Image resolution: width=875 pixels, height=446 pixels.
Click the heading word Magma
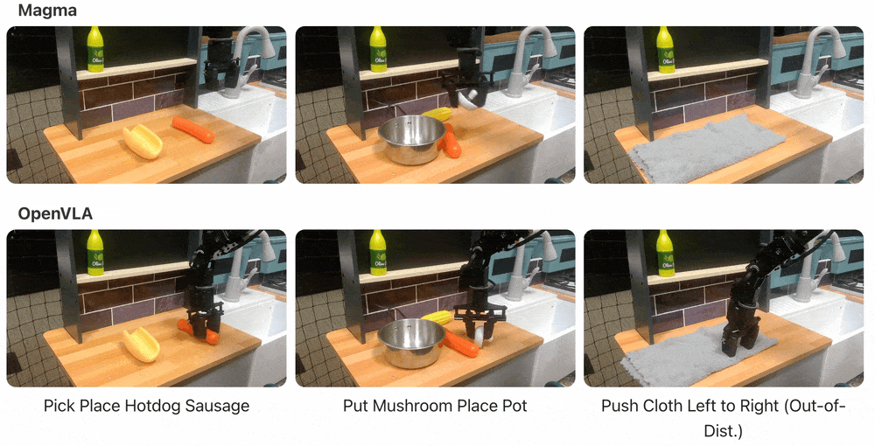[47, 10]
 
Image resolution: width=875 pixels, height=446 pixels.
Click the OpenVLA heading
[55, 214]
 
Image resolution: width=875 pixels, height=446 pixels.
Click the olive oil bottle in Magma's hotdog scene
[95, 49]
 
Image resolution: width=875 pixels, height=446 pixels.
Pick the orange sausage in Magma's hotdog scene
[193, 129]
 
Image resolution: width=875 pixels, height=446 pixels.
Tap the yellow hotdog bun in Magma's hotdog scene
[143, 142]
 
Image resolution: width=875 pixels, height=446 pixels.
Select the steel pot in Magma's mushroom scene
[412, 139]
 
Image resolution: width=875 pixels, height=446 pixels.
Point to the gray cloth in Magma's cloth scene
[706, 147]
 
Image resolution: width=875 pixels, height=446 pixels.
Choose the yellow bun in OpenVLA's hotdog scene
[143, 344]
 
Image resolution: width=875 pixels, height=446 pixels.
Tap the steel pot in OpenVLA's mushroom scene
[411, 343]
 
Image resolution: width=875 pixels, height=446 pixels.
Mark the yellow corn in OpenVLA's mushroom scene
[437, 317]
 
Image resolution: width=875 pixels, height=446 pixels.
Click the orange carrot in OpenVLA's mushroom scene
[461, 342]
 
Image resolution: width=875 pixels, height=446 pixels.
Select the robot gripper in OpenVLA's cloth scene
[740, 330]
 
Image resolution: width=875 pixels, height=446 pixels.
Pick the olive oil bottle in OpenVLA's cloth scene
[665, 253]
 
